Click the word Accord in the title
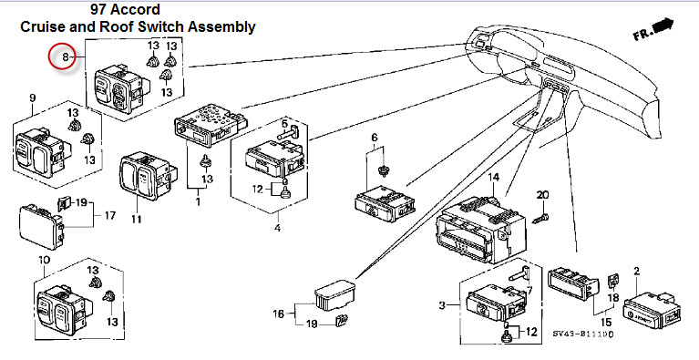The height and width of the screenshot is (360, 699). click(139, 9)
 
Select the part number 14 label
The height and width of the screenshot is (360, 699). click(493, 178)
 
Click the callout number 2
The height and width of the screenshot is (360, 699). click(637, 271)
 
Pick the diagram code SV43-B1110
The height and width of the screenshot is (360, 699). click(583, 334)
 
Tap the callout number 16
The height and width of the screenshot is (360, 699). click(279, 314)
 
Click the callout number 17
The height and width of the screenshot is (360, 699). click(109, 216)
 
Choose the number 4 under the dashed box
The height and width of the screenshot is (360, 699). click(277, 228)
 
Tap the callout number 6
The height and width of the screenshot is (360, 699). click(374, 138)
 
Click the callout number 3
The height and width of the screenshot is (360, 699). click(442, 305)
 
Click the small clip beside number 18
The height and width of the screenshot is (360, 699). click(612, 281)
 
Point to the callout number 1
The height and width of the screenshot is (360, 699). click(198, 201)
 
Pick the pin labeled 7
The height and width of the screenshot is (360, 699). click(519, 273)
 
